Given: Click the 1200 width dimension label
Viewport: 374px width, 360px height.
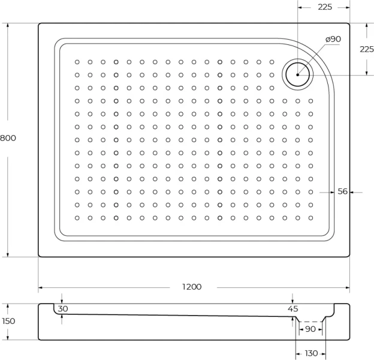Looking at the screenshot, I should tap(192, 287).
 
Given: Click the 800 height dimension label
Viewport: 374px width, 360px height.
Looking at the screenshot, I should tap(8, 138).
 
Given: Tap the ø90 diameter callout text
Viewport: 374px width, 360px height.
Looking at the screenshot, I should tap(333, 39).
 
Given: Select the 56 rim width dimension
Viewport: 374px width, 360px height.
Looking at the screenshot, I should tap(343, 191).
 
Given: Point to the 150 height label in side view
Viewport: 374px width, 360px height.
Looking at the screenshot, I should tap(8, 321).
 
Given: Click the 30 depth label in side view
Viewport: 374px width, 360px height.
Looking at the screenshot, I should tap(63, 308).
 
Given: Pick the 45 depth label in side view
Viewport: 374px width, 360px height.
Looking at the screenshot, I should tap(292, 308).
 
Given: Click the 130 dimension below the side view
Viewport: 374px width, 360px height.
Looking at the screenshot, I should tap(311, 353).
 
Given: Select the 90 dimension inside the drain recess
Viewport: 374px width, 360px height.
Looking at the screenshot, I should tap(310, 329).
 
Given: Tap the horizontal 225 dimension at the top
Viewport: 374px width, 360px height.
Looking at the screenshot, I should tap(325, 7).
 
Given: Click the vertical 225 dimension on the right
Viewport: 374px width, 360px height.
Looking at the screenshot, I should tap(366, 49).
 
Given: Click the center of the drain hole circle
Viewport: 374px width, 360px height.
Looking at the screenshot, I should tap(297, 75).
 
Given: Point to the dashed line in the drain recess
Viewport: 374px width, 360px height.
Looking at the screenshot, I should tap(311, 322).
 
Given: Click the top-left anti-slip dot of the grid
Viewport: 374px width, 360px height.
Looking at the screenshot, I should tap(77, 61).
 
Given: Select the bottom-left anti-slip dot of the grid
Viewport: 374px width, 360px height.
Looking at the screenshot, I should tap(77, 218).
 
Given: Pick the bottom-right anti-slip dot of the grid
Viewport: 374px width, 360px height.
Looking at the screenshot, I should tap(310, 218).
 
